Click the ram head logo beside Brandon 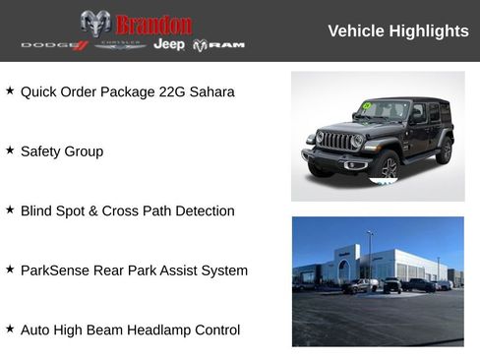(95, 23)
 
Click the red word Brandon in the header (153, 25)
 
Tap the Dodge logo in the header (54, 45)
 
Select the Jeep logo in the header (169, 44)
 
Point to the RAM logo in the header (218, 45)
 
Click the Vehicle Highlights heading (397, 30)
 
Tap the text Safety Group (61, 151)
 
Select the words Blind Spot (54, 210)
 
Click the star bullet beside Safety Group (10, 150)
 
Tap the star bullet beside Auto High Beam (10, 329)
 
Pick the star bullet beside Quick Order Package (10, 91)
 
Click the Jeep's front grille (338, 141)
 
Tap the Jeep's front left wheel (386, 165)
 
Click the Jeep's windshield (384, 109)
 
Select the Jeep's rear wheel (444, 150)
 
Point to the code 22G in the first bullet (171, 92)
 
